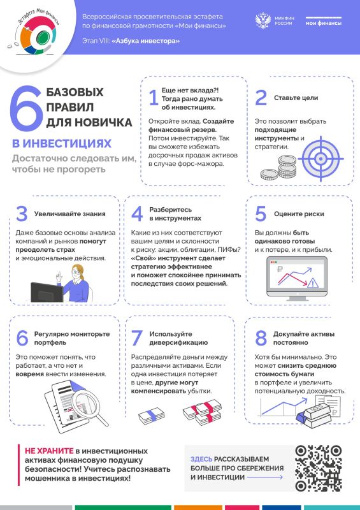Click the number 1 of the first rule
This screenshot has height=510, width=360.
click(153, 98)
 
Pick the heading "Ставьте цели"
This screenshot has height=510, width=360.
click(296, 98)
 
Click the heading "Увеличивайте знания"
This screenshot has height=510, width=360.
click(69, 214)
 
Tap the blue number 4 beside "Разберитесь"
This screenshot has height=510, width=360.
click(136, 214)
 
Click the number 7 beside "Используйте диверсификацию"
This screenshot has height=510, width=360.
click(136, 338)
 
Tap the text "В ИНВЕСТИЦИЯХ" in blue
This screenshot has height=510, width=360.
click(61, 143)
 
